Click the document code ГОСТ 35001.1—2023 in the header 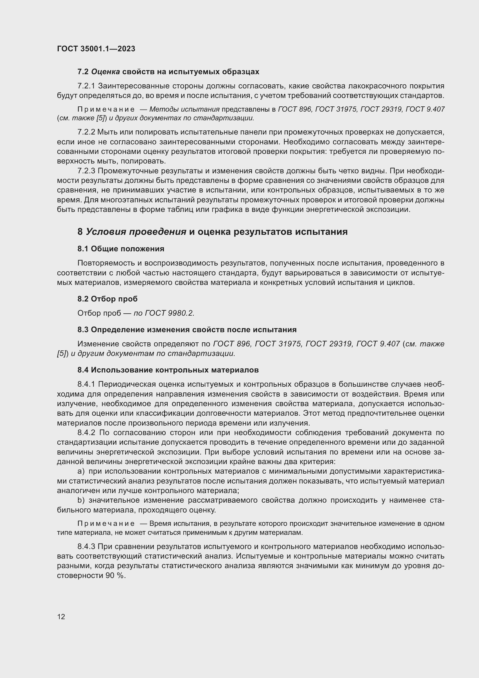(x=96, y=49)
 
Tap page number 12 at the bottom (x=61, y=617)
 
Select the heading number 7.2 (x=83, y=72)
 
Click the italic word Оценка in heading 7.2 (x=106, y=72)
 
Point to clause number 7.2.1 (x=86, y=86)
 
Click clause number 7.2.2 (x=86, y=132)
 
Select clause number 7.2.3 (x=86, y=171)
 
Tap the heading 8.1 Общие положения (x=121, y=249)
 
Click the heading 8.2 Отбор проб (x=107, y=299)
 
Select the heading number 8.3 (x=83, y=330)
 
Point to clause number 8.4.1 (x=86, y=384)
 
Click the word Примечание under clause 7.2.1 (x=106, y=109)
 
